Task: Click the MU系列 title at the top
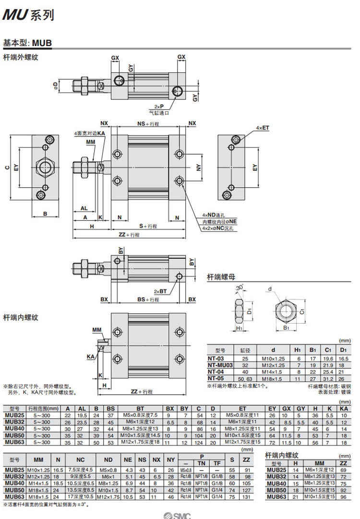tap(28, 15)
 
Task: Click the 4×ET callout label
tap(263, 128)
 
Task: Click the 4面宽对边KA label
tap(89, 133)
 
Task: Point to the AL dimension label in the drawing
tap(84, 208)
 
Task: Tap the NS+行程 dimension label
tap(148, 124)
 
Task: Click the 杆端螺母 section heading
tap(221, 277)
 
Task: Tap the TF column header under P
tap(217, 463)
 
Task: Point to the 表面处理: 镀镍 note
tap(335, 392)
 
